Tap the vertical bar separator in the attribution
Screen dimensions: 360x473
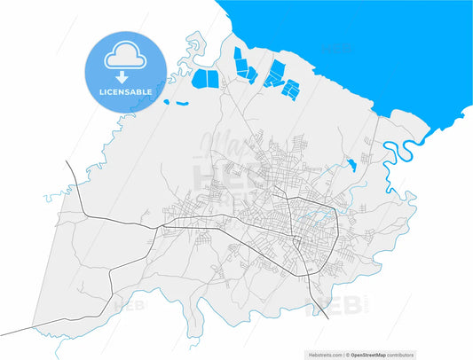point(346,355)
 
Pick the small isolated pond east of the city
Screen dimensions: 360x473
point(351,164)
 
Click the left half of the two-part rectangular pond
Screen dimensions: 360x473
point(200,80)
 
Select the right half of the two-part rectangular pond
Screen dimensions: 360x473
point(211,78)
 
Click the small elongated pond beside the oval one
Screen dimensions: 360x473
point(182,104)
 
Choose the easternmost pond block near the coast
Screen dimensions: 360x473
point(290,86)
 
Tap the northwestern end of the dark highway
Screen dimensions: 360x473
point(67,163)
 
